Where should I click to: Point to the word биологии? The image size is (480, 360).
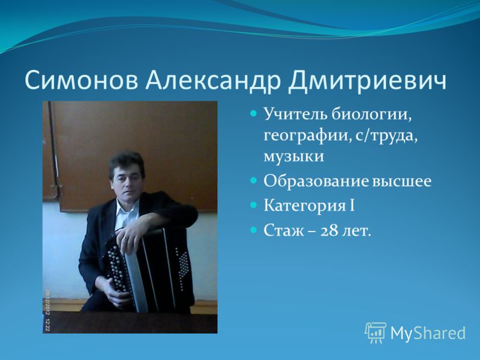tap(371, 115)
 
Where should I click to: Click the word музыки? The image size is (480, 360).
tap(293, 157)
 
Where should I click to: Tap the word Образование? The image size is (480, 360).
tap(316, 181)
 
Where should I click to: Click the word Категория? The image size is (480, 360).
tap(305, 206)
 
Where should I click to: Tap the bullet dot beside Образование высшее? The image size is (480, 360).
tap(253, 181)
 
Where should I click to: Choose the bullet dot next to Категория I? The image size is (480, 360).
tap(253, 205)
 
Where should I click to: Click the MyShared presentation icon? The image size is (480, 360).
tap(376, 333)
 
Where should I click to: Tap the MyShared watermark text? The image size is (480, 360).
tap(428, 333)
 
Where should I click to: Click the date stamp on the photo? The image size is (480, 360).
tap(48, 310)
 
